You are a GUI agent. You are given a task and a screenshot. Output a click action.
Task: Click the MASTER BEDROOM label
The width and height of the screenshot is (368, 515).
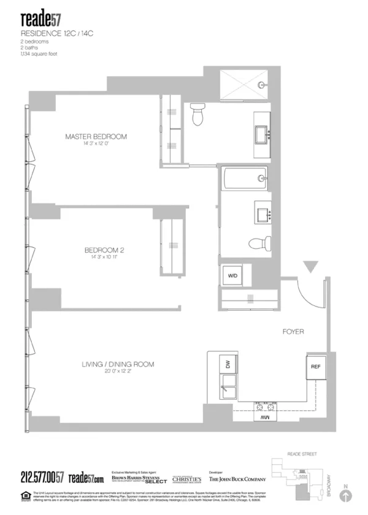96,136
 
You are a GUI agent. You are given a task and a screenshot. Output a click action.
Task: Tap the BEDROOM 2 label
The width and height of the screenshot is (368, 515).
104,250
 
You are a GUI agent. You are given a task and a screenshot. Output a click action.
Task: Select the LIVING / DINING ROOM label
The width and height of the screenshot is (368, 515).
118,364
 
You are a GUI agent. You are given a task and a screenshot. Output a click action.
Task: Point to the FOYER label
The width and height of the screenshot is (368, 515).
293,332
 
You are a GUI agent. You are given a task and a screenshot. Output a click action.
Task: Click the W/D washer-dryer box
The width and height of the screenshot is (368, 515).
232,277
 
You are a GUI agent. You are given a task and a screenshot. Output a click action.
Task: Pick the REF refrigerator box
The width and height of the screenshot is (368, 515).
315,368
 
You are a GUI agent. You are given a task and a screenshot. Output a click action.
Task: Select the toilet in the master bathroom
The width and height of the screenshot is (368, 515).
197,113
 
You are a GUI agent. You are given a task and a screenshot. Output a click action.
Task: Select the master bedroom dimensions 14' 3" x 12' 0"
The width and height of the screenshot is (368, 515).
96,144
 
